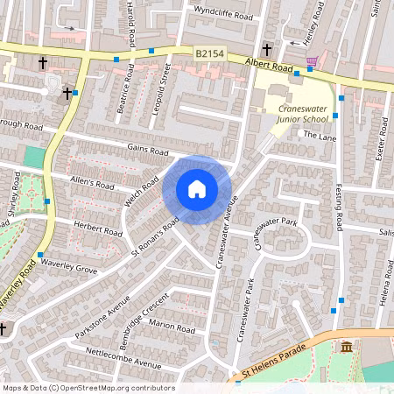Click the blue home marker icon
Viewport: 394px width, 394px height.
pyautogui.click(x=197, y=189)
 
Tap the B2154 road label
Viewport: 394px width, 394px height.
pyautogui.click(x=209, y=54)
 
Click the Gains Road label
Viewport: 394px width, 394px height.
pyautogui.click(x=147, y=151)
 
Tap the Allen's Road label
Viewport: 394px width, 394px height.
pyautogui.click(x=93, y=184)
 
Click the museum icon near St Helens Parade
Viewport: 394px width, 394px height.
pyautogui.click(x=347, y=347)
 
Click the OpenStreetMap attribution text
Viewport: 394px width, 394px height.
pyautogui.click(x=88, y=388)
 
